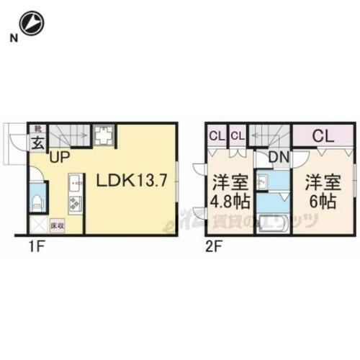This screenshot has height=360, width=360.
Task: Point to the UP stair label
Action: (60, 153)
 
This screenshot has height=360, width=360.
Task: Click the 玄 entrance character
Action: (37, 141)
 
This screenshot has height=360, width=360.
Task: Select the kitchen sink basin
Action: (74, 182)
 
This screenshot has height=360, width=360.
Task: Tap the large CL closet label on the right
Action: (322, 135)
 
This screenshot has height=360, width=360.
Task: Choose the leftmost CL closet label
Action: (217, 134)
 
